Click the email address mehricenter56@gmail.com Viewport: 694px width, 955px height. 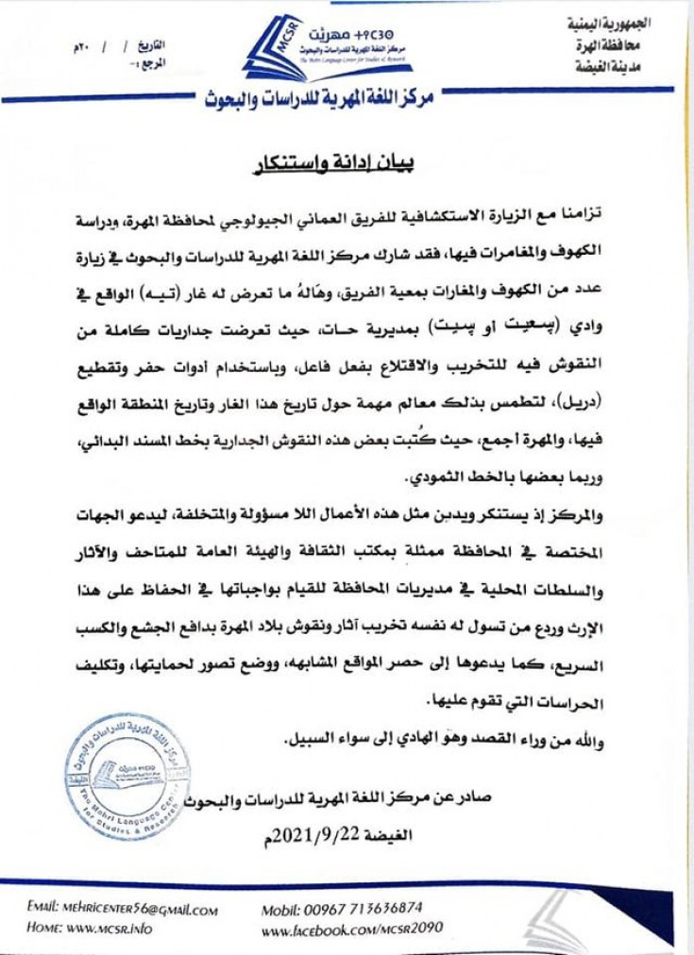point(123,910)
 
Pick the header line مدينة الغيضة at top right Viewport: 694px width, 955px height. point(624,67)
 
